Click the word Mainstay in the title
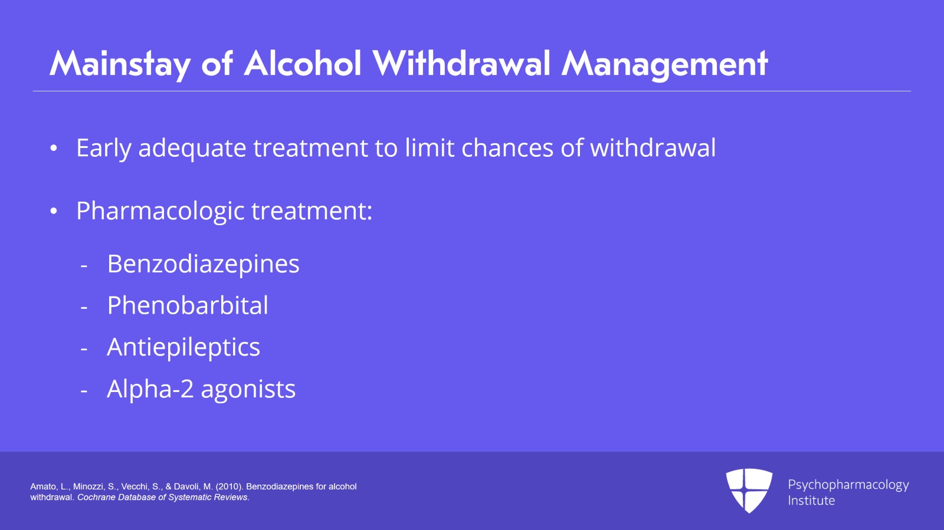[x=120, y=64]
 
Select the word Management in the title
[x=664, y=64]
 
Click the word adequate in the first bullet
[x=192, y=148]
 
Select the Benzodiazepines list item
[x=203, y=264]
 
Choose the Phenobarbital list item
[x=188, y=305]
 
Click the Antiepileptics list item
[x=183, y=347]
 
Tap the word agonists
[x=248, y=390]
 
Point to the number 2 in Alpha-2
[x=187, y=389]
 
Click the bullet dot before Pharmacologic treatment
[x=54, y=211]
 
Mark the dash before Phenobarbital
[x=84, y=307]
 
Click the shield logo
[x=749, y=490]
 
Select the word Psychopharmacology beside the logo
[x=848, y=485]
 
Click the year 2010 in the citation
[x=230, y=486]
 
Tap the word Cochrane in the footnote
[x=96, y=497]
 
